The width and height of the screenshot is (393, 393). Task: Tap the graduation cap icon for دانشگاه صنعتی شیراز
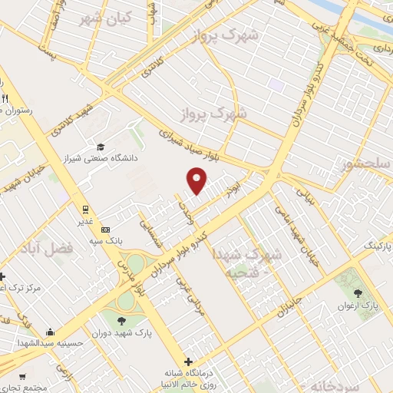point(101,147)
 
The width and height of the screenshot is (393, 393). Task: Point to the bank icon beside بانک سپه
point(106,230)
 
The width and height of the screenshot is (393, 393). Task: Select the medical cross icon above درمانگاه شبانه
point(189,361)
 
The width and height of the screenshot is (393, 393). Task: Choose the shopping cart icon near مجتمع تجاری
point(21,377)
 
